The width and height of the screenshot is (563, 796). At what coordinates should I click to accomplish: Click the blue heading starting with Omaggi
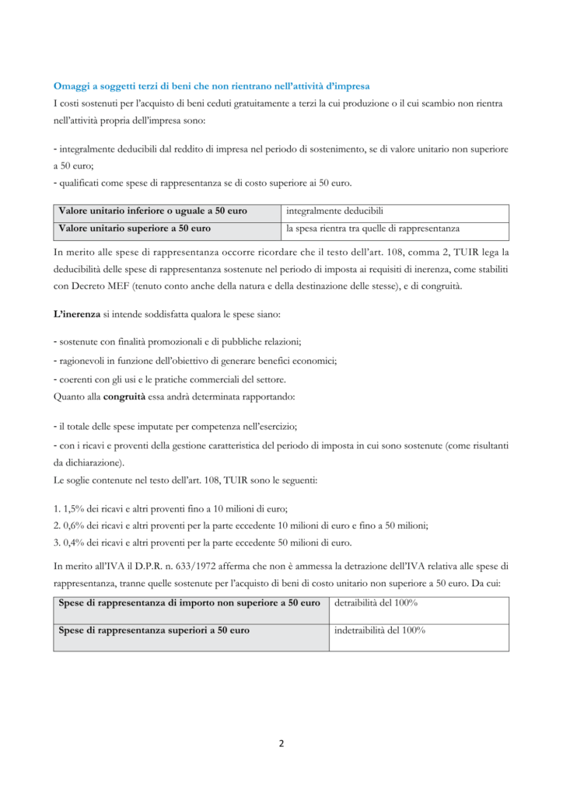pos(212,84)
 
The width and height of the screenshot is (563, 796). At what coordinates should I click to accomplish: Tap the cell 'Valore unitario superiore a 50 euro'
pos(135,229)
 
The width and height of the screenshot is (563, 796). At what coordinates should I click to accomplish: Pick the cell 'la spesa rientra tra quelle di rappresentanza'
pos(372,229)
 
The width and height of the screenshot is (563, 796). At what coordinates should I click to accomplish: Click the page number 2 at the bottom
pos(281,743)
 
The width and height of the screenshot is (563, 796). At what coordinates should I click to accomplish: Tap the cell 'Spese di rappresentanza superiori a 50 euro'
pos(154,630)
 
